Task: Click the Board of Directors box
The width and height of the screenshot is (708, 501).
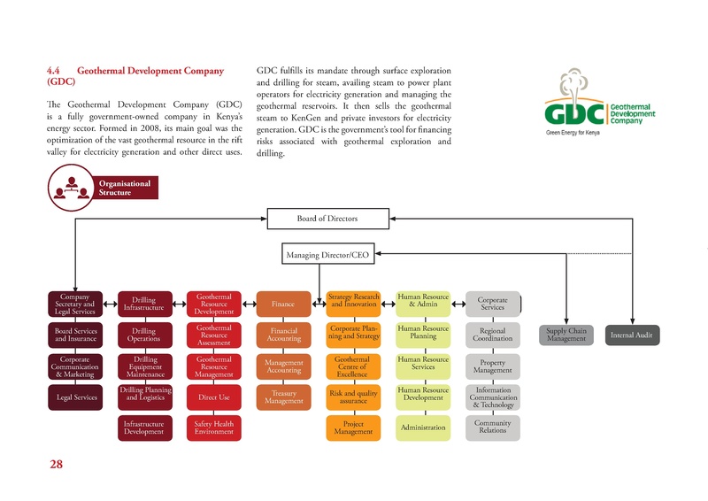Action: point(327,218)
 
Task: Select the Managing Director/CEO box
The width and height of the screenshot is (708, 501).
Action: point(327,255)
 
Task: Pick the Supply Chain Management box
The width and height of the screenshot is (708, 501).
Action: point(566,335)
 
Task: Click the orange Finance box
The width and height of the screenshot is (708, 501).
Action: point(283,304)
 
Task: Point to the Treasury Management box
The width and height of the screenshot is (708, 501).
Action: point(283,397)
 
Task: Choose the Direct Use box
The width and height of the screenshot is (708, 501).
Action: point(213,397)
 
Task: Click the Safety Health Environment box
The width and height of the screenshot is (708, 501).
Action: point(213,428)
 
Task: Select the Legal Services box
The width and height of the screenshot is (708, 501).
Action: point(76,397)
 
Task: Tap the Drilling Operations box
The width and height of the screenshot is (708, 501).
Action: point(144,335)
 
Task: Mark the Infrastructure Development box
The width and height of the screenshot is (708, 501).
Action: point(144,428)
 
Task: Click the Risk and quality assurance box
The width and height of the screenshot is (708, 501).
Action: point(353,397)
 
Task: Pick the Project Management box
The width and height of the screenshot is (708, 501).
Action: point(353,428)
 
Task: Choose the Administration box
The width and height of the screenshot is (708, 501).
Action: point(423,428)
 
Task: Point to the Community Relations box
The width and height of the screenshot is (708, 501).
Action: point(493,428)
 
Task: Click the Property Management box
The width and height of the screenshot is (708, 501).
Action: point(493,366)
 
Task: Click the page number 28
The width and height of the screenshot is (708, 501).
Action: point(57,464)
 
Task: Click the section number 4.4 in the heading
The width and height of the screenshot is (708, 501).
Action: point(55,69)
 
